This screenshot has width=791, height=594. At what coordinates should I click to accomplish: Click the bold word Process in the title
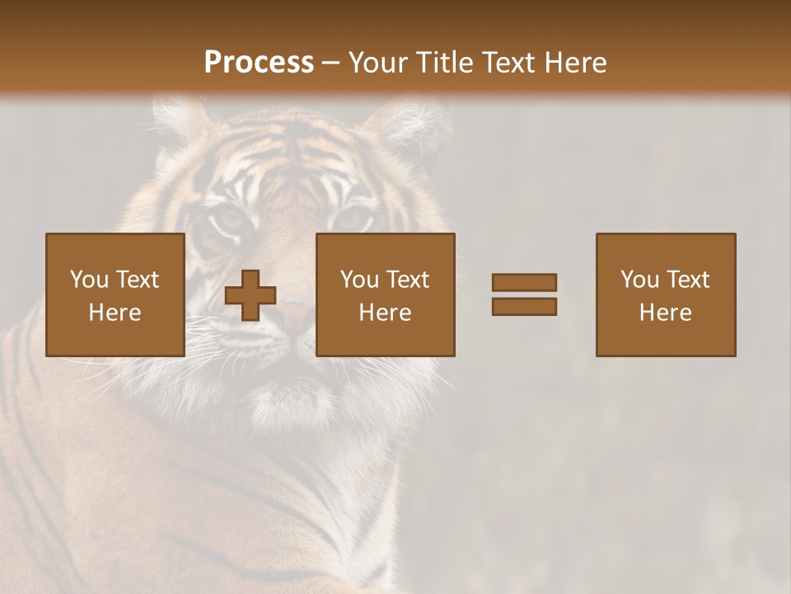coord(259,63)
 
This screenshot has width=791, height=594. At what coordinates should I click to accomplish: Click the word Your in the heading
coord(379,63)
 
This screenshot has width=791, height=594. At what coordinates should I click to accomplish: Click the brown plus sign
coord(250,295)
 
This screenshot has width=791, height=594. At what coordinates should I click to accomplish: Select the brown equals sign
coord(524,295)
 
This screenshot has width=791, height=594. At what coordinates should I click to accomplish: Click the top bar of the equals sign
coord(524,283)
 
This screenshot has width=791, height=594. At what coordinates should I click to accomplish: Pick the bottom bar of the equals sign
coord(524,306)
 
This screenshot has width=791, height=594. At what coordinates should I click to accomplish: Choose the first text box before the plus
coord(115,295)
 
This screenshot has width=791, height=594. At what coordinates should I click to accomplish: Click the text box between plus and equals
coord(385,295)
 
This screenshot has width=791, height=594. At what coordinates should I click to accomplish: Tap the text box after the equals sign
coord(666,295)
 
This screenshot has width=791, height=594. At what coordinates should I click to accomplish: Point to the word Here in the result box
coord(666,313)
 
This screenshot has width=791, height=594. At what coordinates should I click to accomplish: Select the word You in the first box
coord(90,280)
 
